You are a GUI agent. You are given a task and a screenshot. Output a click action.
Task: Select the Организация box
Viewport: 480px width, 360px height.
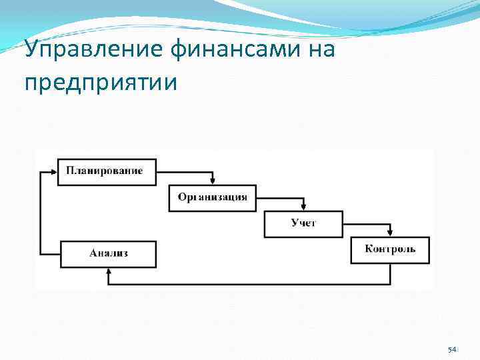click(212, 197)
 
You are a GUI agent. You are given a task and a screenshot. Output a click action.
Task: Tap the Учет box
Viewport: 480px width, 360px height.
click(303, 223)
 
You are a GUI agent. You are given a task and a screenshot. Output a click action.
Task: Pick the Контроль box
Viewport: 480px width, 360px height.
click(390, 250)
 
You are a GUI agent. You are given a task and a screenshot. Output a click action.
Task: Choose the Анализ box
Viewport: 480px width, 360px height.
click(109, 253)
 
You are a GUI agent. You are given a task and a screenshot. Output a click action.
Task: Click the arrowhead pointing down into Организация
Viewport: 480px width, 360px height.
click(213, 181)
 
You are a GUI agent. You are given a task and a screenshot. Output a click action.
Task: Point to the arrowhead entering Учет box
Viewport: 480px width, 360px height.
click(303, 207)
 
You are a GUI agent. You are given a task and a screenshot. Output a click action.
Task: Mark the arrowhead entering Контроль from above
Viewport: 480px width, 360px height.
click(391, 233)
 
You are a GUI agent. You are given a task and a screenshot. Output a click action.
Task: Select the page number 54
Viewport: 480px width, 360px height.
click(452, 351)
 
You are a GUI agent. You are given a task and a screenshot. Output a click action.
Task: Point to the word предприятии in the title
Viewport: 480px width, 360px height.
click(101, 83)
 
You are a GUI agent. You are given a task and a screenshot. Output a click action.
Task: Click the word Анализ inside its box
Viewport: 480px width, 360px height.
click(109, 253)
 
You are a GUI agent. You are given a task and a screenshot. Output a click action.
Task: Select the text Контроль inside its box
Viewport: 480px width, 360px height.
click(390, 249)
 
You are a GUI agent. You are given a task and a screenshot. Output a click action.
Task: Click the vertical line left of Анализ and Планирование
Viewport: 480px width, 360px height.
click(40, 213)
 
